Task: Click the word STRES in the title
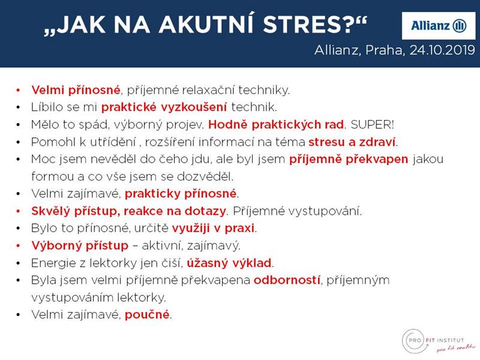coord(308,24)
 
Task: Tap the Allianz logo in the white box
coord(439,26)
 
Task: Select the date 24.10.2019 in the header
coord(442,50)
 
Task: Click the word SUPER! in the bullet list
coord(372,125)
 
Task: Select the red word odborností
coord(287,280)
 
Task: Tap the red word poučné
coord(147,314)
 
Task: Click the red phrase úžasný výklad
coord(229,263)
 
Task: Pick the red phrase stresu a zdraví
coord(352,142)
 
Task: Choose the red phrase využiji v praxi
coord(213,229)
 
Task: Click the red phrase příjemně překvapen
coord(349,160)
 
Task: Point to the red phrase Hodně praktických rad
coord(276,125)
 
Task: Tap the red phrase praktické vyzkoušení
coord(164,107)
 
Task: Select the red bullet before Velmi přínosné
coord(19,91)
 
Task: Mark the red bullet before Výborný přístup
coord(19,246)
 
